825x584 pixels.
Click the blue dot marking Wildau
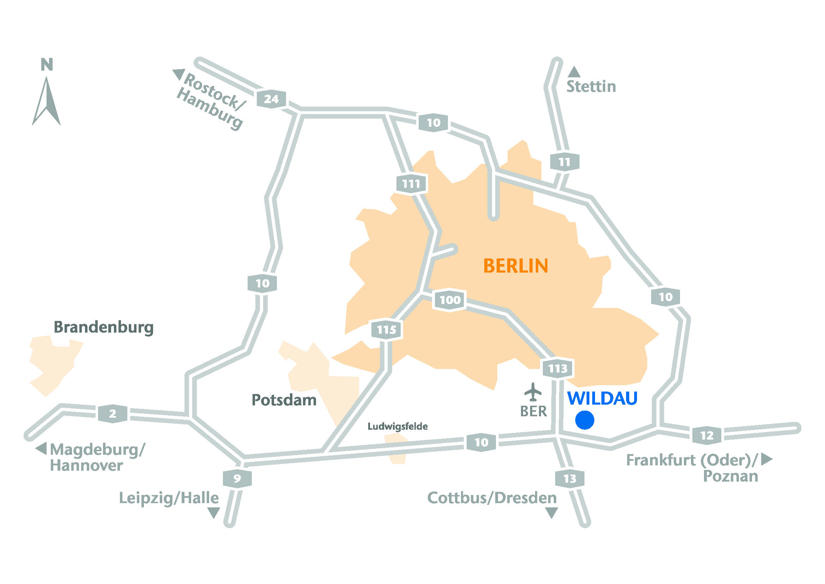[584, 420]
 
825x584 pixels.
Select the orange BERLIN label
[516, 266]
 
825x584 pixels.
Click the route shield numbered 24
[271, 99]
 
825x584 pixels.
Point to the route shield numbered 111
[411, 184]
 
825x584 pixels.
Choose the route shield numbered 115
[386, 329]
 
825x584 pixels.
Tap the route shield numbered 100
[450, 299]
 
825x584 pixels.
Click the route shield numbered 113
[558, 368]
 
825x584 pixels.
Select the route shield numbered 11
[564, 162]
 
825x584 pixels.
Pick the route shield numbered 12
[707, 435]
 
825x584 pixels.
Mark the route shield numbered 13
[570, 479]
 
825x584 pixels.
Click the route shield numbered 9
[237, 478]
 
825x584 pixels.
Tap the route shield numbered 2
[113, 413]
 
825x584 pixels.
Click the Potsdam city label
[284, 400]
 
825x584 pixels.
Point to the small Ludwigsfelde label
[398, 427]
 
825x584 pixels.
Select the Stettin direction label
[591, 87]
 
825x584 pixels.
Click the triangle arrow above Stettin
[574, 72]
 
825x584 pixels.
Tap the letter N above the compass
[47, 65]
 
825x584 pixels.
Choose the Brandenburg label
[103, 328]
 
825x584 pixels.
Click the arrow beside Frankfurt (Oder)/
[766, 459]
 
